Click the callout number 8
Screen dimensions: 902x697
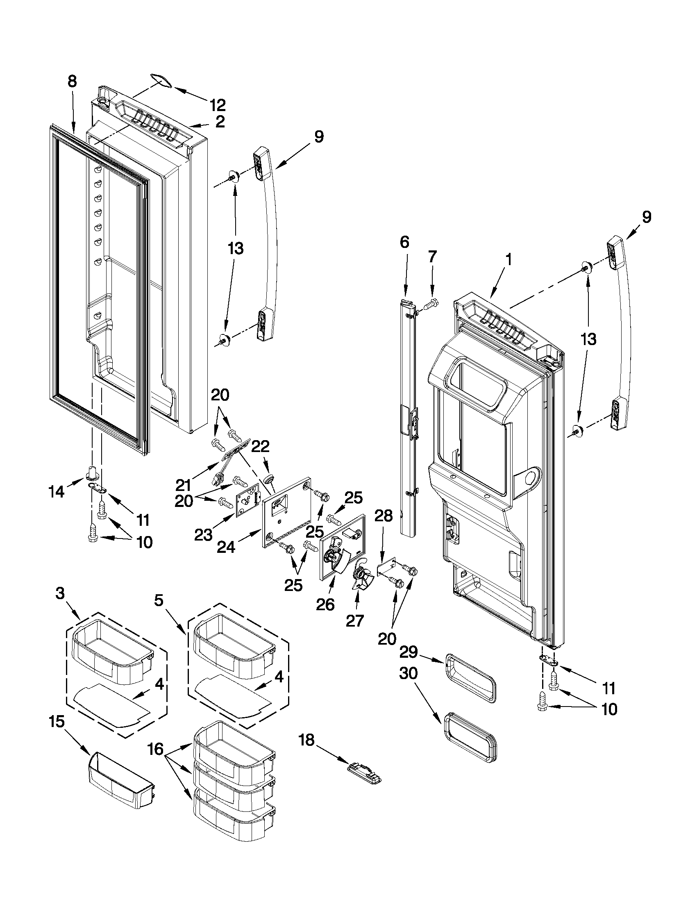pyautogui.click(x=72, y=82)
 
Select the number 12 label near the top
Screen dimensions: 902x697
pyautogui.click(x=217, y=105)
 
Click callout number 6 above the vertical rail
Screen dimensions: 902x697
pyautogui.click(x=404, y=242)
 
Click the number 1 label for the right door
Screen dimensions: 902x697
pyautogui.click(x=508, y=259)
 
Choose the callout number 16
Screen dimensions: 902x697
pyautogui.click(x=156, y=749)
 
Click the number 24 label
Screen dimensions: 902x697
pyautogui.click(x=226, y=547)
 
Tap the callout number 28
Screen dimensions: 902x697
pyautogui.click(x=384, y=516)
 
